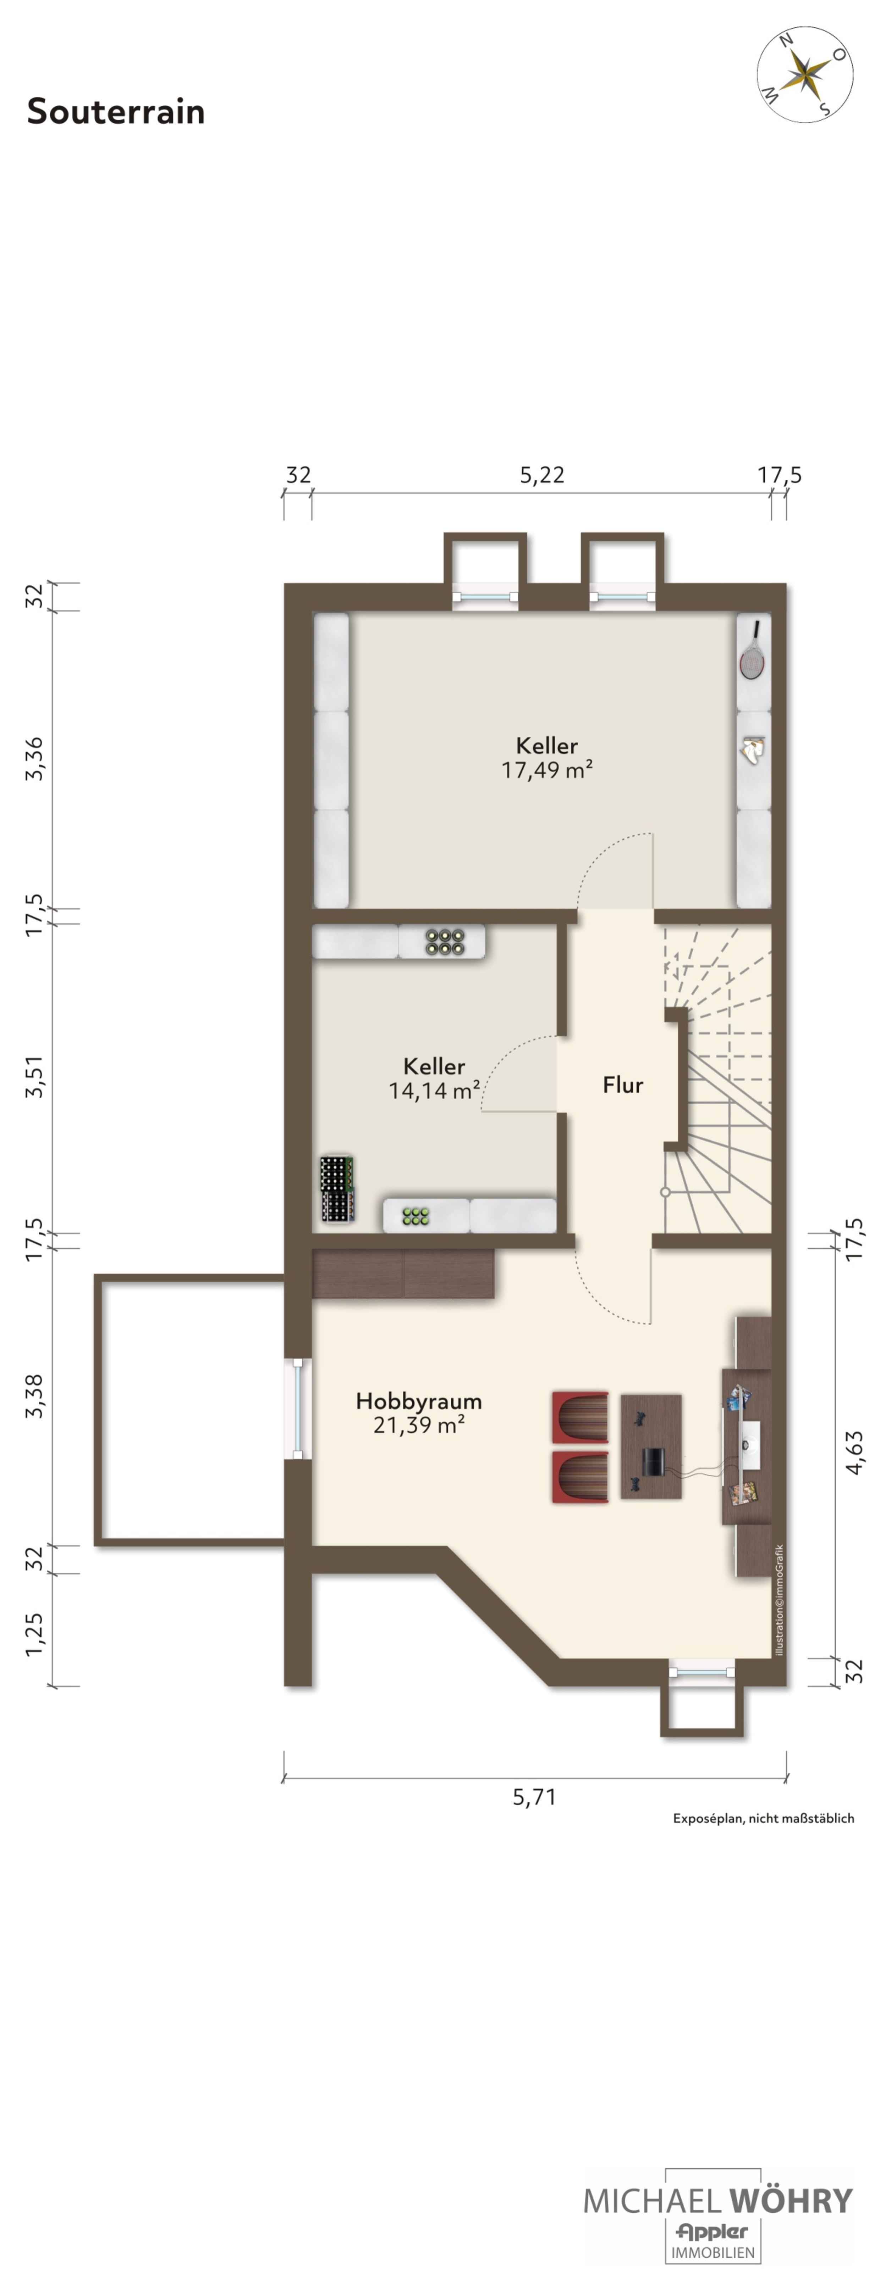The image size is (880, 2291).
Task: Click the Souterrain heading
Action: (x=116, y=111)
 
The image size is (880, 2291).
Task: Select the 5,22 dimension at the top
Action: (x=542, y=475)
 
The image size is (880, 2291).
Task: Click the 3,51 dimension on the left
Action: (x=34, y=1077)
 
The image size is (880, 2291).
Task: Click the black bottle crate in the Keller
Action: (x=336, y=1188)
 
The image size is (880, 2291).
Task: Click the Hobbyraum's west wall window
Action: (x=298, y=1408)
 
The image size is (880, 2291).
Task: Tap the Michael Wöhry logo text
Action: (x=717, y=2200)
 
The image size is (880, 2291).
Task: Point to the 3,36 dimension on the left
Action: (x=34, y=759)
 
